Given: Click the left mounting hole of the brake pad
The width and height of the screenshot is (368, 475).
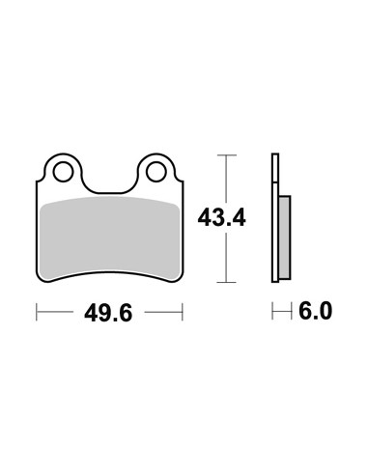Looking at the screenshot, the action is (x=63, y=172).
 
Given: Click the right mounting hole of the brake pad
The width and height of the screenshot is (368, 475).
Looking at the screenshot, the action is (x=156, y=172).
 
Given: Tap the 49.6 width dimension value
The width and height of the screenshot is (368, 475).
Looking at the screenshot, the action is (x=108, y=313).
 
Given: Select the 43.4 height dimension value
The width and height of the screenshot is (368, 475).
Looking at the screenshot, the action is (x=222, y=217).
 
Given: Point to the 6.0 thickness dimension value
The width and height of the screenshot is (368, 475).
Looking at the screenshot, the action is (x=315, y=311).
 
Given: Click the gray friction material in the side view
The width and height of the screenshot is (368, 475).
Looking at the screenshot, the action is (x=285, y=237).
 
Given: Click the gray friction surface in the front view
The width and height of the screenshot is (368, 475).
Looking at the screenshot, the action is (x=109, y=237).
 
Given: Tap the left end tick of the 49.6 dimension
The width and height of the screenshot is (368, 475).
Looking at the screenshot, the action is (x=37, y=312).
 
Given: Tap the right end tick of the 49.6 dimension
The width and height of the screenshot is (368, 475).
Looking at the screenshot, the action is (x=183, y=312).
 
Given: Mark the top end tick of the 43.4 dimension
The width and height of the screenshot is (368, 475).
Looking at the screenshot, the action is (x=227, y=155).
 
